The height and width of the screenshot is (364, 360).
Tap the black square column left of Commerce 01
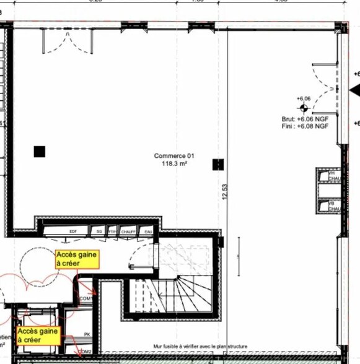pyautogui.click(x=40, y=151)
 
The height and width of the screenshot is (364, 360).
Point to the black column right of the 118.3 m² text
pyautogui.click(x=217, y=164)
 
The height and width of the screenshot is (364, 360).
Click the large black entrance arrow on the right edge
pyautogui.click(x=354, y=91)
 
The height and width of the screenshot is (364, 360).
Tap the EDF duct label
pyautogui.click(x=73, y=231)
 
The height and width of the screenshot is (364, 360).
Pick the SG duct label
pyautogui.click(x=99, y=231)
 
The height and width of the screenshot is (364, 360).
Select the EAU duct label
pyautogui.click(x=147, y=231)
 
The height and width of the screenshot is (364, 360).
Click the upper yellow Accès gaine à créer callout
pyautogui.click(x=77, y=259)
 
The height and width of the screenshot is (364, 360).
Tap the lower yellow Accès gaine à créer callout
pyautogui.click(x=38, y=336)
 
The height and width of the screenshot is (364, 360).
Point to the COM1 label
pyautogui.click(x=86, y=298)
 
